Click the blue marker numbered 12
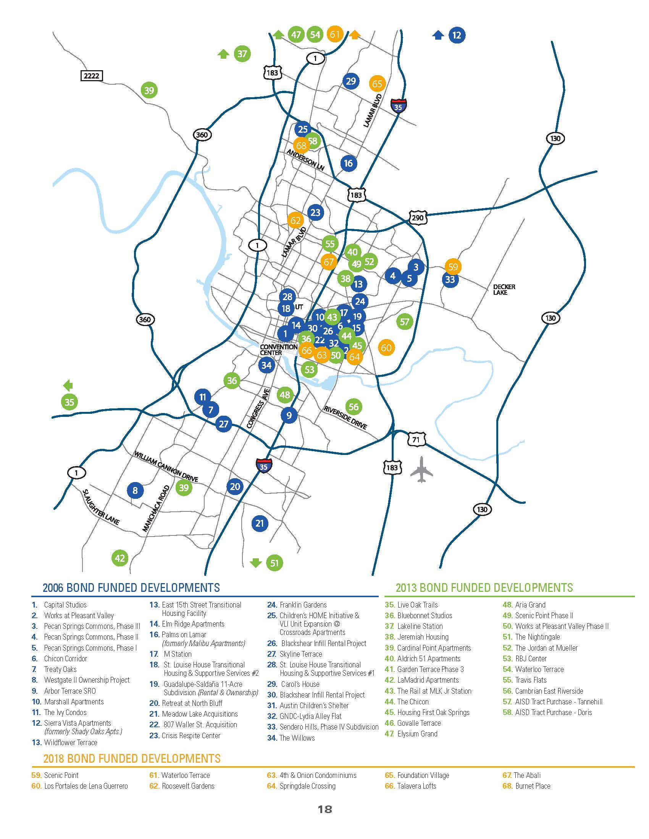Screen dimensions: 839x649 [456, 35]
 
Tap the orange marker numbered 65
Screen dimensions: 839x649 [377, 84]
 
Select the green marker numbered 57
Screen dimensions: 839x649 [404, 321]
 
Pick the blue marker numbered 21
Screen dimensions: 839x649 [260, 523]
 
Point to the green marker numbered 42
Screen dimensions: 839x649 [120, 558]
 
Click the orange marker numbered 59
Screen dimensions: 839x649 [453, 267]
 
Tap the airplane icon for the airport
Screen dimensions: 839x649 [421, 469]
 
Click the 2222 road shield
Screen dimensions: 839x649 [92, 76]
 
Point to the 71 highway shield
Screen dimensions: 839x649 [416, 439]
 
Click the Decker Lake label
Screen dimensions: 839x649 [504, 290]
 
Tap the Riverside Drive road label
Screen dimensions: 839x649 [345, 417]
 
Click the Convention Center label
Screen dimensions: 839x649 [278, 350]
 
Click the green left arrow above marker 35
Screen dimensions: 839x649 [68, 385]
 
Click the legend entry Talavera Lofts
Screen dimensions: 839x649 [417, 786]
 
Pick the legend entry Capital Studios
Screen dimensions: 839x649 [65, 605]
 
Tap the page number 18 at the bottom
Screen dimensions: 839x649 [324, 809]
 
